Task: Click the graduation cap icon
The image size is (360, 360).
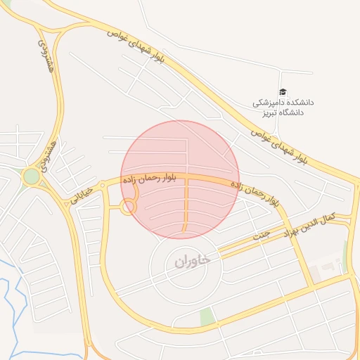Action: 283,91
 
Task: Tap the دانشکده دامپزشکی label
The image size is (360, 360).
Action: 284,103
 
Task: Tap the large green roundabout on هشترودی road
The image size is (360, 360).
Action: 31,176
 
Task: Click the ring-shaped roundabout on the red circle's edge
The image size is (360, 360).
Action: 128,207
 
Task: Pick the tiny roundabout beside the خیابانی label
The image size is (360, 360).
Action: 103,186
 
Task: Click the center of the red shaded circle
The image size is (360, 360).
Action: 180,179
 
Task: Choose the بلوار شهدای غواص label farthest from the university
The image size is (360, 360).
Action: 138,45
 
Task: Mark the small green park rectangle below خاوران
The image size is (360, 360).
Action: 207,317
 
